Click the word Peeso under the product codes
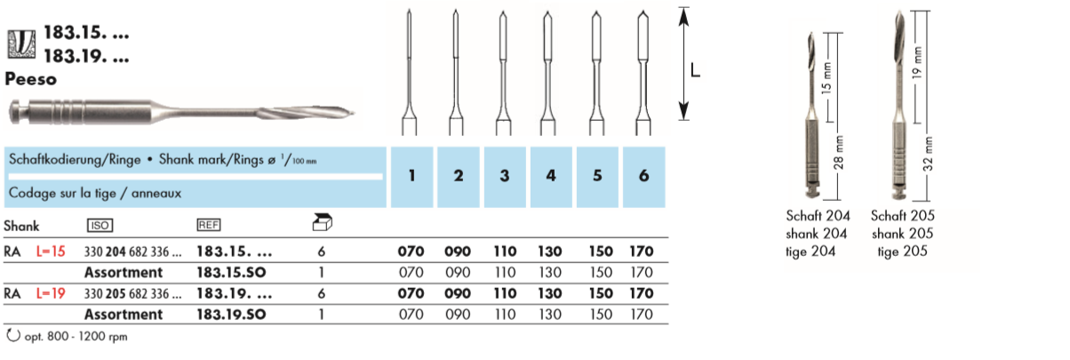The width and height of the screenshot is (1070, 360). pyautogui.click(x=30, y=78)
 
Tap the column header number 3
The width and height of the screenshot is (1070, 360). pyautogui.click(x=504, y=175)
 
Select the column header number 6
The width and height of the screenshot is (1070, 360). pyautogui.click(x=643, y=175)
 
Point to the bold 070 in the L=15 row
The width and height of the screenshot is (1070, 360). pyautogui.click(x=411, y=252)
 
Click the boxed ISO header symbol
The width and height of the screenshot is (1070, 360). pyautogui.click(x=99, y=226)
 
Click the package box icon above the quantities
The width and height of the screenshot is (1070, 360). pyautogui.click(x=322, y=224)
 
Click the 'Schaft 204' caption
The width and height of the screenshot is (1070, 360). pyautogui.click(x=818, y=216)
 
